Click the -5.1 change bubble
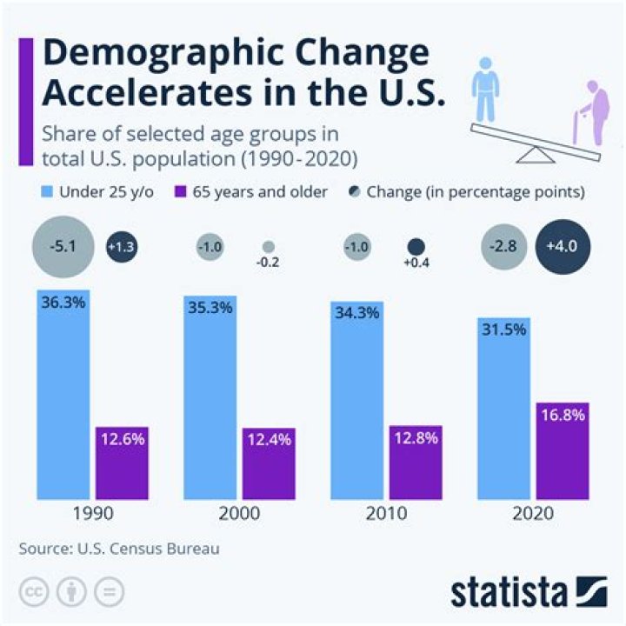coord(62,247)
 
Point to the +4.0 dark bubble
coord(563,247)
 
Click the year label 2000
coord(239,513)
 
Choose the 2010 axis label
coord(386,513)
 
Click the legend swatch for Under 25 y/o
coord(43,191)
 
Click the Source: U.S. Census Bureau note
coord(117,549)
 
